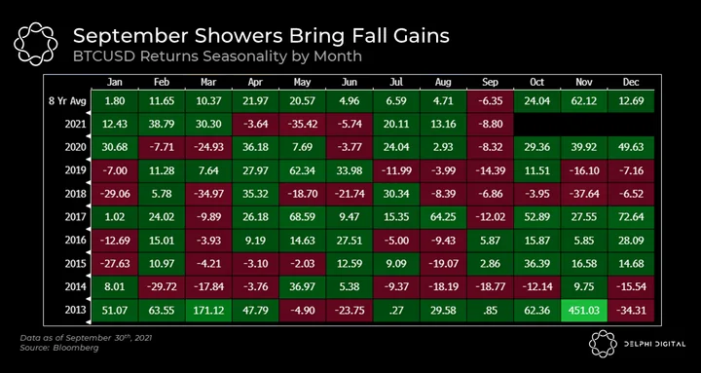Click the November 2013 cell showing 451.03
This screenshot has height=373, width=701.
[x=584, y=311]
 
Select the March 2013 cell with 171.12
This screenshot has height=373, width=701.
[x=208, y=311]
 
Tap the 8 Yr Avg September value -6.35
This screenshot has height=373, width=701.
[x=490, y=101]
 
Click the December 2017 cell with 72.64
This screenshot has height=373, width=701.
[x=631, y=217]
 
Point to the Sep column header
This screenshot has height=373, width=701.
[x=490, y=82]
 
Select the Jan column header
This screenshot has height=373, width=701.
[x=115, y=82]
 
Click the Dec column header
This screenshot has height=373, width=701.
[x=631, y=82]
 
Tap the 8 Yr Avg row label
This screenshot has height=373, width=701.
[x=67, y=101]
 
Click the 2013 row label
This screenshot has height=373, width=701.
[x=75, y=311]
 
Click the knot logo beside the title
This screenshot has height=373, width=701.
[x=36, y=44]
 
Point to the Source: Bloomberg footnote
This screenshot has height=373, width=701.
[x=59, y=348]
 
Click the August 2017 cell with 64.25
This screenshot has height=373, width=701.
[x=443, y=217]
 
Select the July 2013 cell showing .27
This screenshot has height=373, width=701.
[x=396, y=311]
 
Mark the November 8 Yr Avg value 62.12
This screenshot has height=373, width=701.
[x=584, y=101]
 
